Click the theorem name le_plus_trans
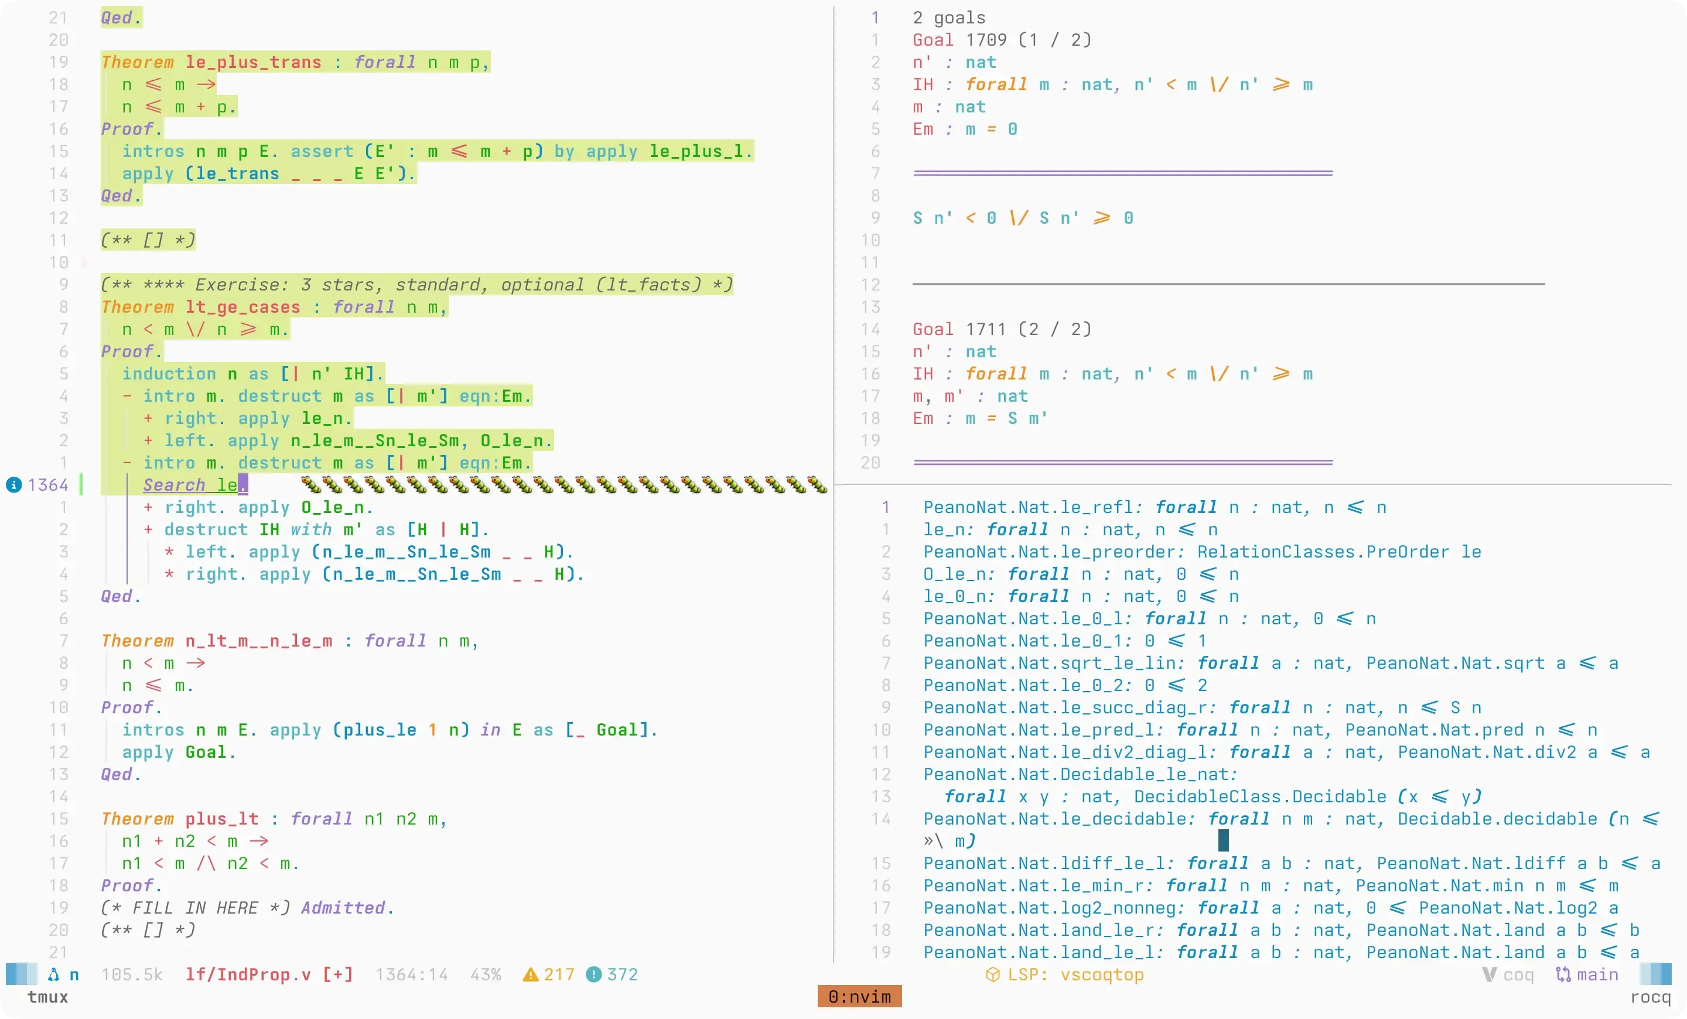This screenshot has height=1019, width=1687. (x=253, y=62)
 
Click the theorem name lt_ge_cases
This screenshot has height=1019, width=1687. (x=243, y=307)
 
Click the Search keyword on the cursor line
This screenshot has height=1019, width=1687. (x=174, y=485)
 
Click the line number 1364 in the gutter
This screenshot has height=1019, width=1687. (x=48, y=485)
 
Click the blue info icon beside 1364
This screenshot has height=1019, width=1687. (x=13, y=485)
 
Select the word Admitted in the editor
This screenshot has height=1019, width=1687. (x=343, y=908)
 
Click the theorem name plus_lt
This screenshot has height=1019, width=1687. (x=222, y=819)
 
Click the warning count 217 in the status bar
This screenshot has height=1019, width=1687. (x=559, y=974)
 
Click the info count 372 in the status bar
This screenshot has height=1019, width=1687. (x=622, y=974)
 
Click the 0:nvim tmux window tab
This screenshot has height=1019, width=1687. (x=859, y=996)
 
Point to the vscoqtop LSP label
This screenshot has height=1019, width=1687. (x=1102, y=974)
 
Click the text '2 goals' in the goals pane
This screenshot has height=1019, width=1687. (x=949, y=18)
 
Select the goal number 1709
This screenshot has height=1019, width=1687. (x=986, y=40)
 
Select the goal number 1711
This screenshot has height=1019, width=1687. (x=986, y=329)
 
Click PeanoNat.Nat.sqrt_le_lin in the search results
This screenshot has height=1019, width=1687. (x=1050, y=663)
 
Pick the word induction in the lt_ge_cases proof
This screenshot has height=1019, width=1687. (x=169, y=374)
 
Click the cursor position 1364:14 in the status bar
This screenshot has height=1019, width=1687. (x=411, y=974)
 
